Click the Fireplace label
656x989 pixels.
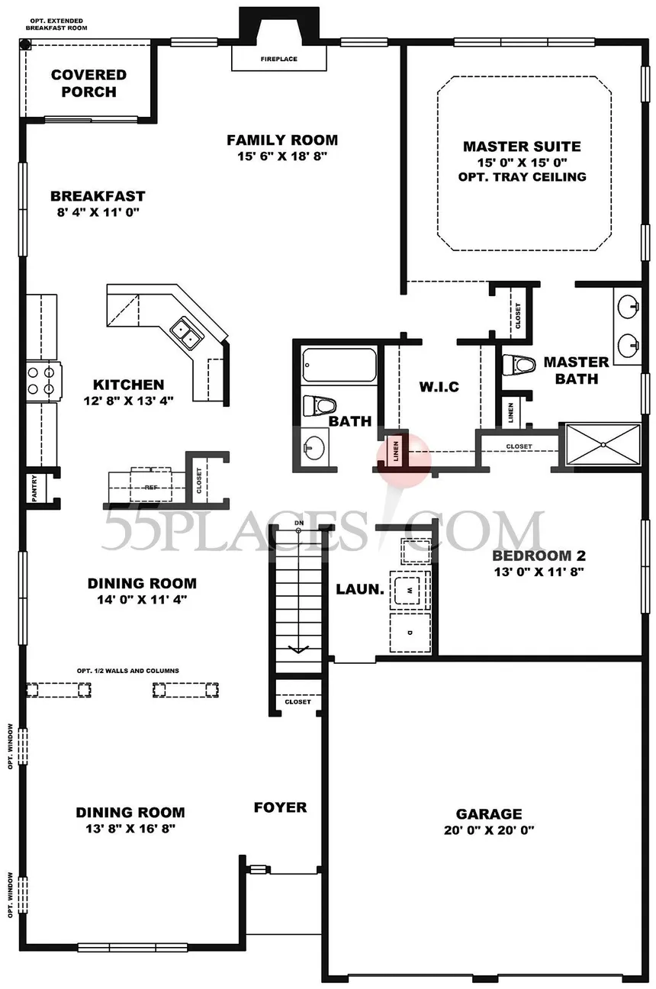tap(278, 60)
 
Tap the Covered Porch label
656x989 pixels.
tap(88, 83)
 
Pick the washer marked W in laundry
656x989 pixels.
tap(410, 589)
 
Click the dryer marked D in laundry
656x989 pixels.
tap(409, 633)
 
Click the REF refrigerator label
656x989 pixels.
tap(150, 485)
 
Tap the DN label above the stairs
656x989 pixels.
tap(299, 523)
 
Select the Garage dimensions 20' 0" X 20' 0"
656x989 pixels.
tap(489, 830)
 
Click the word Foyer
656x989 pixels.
tap(280, 807)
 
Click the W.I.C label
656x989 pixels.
tap(439, 387)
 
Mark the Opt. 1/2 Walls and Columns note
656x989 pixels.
tap(127, 671)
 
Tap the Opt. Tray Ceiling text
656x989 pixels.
tap(523, 177)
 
